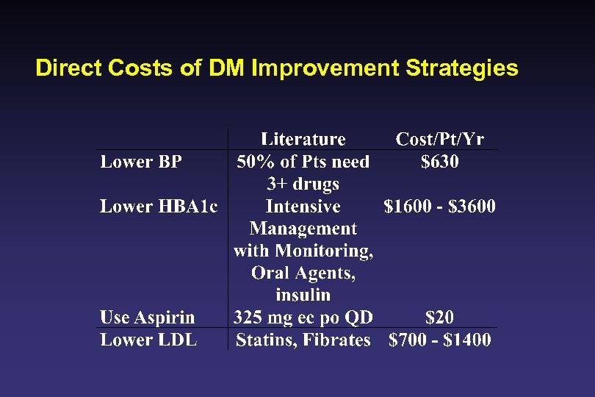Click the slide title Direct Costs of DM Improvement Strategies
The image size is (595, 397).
276,68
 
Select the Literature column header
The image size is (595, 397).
303,139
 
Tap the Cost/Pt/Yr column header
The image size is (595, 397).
439,139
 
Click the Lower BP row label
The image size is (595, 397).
140,162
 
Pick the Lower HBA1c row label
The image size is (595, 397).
159,207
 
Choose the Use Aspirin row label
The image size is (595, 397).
147,318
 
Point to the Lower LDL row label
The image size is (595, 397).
148,340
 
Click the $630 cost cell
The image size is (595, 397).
439,162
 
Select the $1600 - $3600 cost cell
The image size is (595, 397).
439,207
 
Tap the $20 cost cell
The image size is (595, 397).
439,318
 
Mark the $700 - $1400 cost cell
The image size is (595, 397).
439,340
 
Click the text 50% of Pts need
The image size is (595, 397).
303,162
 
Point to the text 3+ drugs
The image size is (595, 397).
303,184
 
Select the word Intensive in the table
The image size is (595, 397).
303,207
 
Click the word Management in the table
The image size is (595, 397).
303,229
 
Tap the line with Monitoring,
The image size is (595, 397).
303,251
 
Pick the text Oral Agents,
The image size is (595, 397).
303,273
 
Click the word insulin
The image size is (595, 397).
303,295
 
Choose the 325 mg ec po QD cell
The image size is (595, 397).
303,318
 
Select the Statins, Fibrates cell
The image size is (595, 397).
303,340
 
